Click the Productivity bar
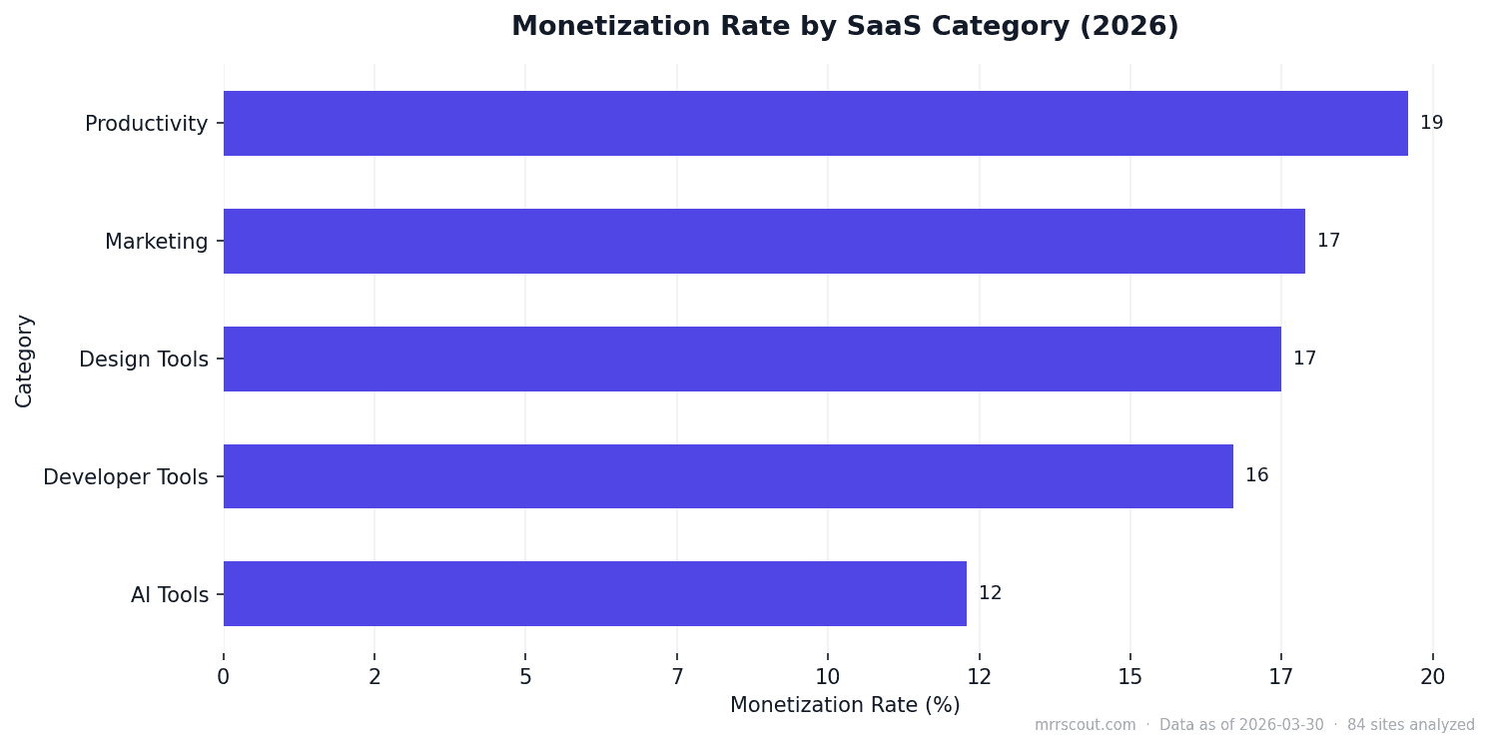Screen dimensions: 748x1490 [815, 124]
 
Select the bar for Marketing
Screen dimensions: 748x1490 [764, 241]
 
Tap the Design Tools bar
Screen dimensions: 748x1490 [752, 359]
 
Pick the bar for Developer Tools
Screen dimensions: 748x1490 [728, 476]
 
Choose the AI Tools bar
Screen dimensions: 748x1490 [595, 594]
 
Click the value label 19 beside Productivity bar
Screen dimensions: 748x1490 [1431, 124]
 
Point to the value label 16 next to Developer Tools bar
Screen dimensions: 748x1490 [1256, 476]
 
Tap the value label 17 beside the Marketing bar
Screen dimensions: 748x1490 [1328, 241]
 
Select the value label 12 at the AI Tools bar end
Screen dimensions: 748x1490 [990, 594]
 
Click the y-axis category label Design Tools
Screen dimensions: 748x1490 [144, 360]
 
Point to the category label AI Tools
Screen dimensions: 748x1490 [170, 596]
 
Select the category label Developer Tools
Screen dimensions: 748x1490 [126, 477]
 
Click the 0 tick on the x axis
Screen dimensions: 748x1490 [224, 677]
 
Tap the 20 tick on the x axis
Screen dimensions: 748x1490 [1432, 677]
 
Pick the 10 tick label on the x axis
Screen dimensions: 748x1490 [828, 677]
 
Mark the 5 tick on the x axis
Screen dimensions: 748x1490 [525, 677]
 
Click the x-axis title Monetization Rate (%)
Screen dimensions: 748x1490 [845, 706]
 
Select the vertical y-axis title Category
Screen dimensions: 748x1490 [24, 361]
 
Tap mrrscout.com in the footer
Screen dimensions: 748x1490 [1085, 726]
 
